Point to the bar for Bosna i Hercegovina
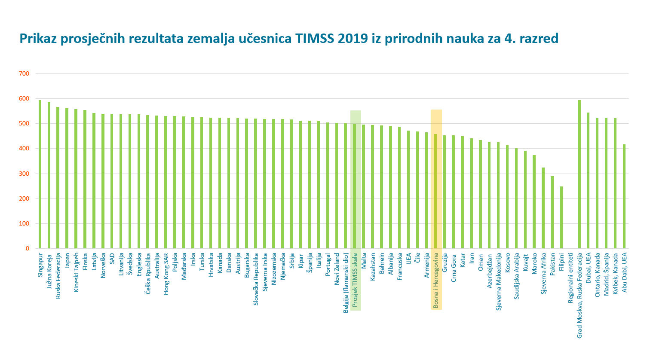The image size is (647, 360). [435, 191]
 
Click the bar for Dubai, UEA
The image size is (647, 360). [588, 180]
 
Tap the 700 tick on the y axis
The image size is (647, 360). [24, 73]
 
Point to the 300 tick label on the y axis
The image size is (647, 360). [24, 174]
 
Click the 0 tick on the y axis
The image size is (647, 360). [27, 248]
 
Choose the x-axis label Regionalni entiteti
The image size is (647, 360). [570, 278]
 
